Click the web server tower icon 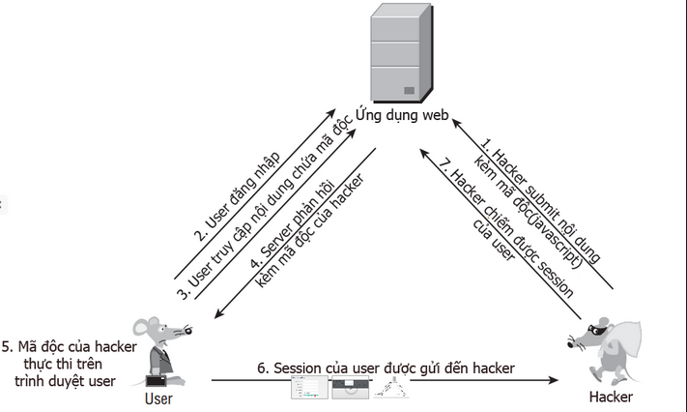click(x=393, y=53)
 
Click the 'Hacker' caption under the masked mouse click(x=611, y=397)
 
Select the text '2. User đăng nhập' click(x=238, y=193)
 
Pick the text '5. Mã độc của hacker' click(x=70, y=346)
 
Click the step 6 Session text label click(x=385, y=368)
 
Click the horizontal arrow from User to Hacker click(x=386, y=381)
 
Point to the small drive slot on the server click(x=409, y=90)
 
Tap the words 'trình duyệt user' click(x=65, y=381)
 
